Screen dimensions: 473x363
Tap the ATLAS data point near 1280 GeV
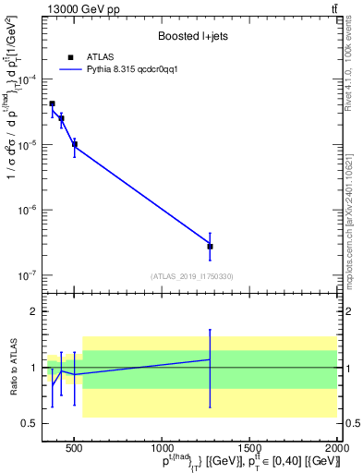[210, 247]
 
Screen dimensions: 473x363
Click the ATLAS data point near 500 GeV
[75, 144]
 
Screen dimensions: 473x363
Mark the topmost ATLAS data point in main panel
[52, 103]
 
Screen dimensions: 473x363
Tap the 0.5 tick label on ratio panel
[29, 423]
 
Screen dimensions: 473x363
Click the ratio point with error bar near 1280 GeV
[210, 359]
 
